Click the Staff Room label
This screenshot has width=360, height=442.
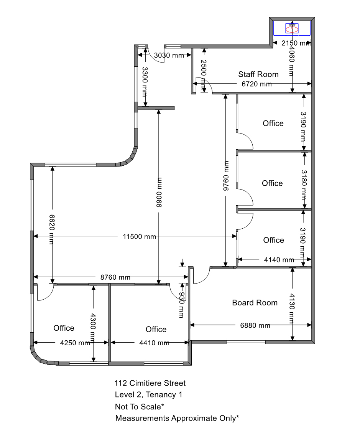(258, 74)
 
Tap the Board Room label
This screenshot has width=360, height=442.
(255, 303)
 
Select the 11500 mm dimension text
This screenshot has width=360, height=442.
(140, 236)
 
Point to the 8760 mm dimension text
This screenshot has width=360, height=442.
(115, 277)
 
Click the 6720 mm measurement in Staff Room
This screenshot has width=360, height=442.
(256, 84)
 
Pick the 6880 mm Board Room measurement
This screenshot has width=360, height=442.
(255, 325)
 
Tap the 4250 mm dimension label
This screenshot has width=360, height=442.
(75, 343)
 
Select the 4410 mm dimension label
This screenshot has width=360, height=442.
(155, 343)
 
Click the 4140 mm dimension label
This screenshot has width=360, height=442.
(279, 260)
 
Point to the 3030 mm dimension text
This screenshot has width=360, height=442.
(169, 55)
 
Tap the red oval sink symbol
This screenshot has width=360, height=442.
(292, 29)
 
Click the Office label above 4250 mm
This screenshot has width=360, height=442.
(64, 328)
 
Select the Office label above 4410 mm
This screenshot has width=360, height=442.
(156, 329)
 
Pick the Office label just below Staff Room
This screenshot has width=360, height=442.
(273, 124)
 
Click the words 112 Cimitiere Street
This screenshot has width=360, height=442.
(150, 383)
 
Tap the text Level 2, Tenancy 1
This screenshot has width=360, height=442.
(148, 395)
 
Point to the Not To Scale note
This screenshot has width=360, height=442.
(140, 407)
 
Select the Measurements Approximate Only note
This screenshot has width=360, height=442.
(177, 418)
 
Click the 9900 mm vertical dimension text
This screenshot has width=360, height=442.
(159, 192)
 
